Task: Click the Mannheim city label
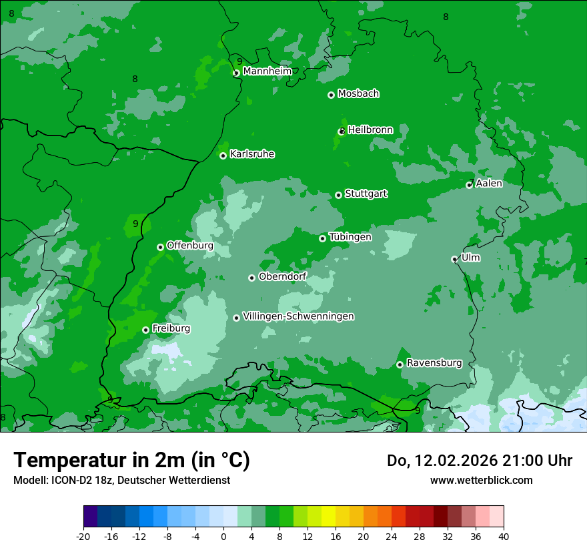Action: coord(267,71)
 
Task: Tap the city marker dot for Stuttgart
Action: coord(338,195)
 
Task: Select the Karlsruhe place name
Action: coord(251,154)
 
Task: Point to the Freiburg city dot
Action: coord(145,330)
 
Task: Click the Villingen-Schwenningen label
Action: coord(298,316)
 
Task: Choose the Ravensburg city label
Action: coord(434,363)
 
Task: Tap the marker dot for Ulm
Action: coord(454,259)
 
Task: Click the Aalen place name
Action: coord(488,184)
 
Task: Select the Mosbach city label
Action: coord(358,94)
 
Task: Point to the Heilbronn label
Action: coord(370,130)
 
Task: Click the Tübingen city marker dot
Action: coord(322,238)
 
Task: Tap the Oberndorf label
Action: coord(282,276)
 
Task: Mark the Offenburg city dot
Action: coord(160,247)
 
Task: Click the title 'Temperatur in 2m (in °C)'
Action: coord(131,461)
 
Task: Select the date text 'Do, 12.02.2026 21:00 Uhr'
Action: coord(479,461)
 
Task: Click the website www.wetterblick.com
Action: coord(481,480)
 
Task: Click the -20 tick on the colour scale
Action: coord(83,537)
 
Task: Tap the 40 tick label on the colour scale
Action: coord(503,537)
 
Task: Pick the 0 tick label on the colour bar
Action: coord(223,537)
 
